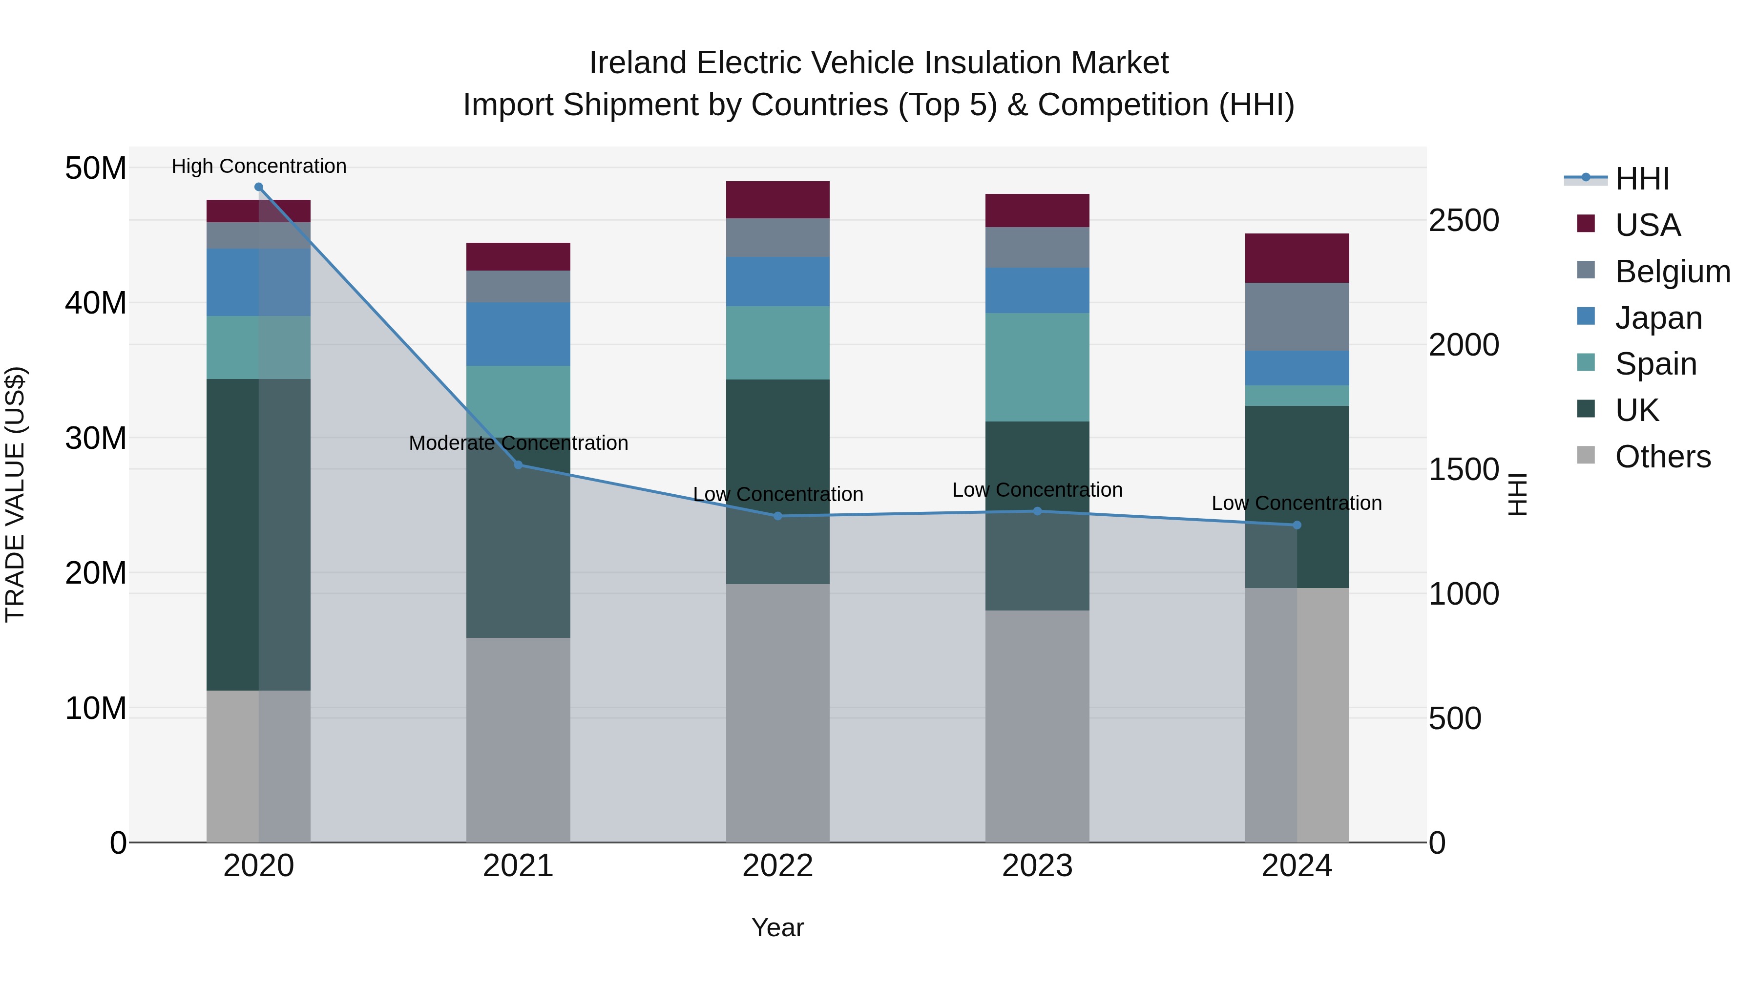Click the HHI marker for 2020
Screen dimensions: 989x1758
coord(259,187)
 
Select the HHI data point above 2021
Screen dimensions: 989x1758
coord(518,465)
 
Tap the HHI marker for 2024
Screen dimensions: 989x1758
coord(1297,525)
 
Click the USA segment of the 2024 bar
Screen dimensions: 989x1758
coord(1297,258)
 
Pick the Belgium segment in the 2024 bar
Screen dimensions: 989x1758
coord(1297,316)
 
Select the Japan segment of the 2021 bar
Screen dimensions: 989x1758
coord(518,334)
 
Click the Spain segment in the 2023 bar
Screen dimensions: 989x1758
coord(1037,367)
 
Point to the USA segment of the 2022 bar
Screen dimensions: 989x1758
coord(777,199)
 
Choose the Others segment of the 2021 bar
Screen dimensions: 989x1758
coord(518,740)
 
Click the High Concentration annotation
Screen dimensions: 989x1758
coord(259,166)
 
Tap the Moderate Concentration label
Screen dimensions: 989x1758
coord(518,443)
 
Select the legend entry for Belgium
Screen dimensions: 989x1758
coord(1672,272)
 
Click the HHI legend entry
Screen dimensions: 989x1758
coord(1641,179)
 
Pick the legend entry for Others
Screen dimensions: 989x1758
coord(1662,457)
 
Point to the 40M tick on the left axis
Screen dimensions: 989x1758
coord(96,302)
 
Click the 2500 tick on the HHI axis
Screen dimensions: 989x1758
coord(1464,220)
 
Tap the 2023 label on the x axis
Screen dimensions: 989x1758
coord(1037,866)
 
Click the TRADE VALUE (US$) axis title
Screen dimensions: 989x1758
coord(15,494)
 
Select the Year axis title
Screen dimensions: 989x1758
coord(777,927)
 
